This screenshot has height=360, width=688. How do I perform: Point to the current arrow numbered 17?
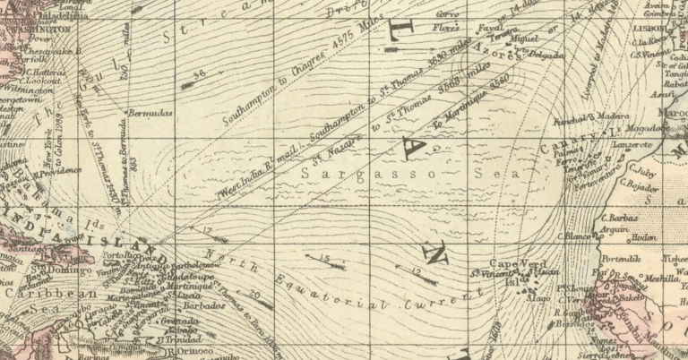(214, 237)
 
